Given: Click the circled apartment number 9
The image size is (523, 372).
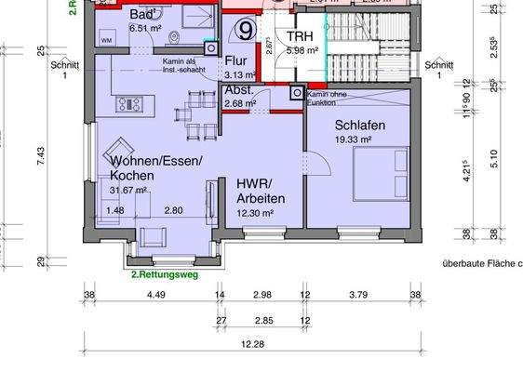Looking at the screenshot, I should click(x=245, y=30).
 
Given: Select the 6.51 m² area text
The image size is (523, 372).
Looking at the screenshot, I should click(x=145, y=29).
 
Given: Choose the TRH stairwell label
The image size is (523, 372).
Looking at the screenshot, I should click(x=300, y=36).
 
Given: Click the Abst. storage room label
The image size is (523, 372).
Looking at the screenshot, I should click(x=239, y=90).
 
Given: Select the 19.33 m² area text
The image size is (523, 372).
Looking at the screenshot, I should click(x=354, y=139).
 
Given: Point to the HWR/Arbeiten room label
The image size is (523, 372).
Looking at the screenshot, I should click(x=261, y=192).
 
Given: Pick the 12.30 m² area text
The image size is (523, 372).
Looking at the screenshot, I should click(x=255, y=213).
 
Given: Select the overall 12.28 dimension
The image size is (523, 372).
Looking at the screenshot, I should click(x=248, y=345).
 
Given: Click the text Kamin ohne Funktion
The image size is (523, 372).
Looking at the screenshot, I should click(x=328, y=98).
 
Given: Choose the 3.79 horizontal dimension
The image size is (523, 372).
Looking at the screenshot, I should click(x=357, y=297).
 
